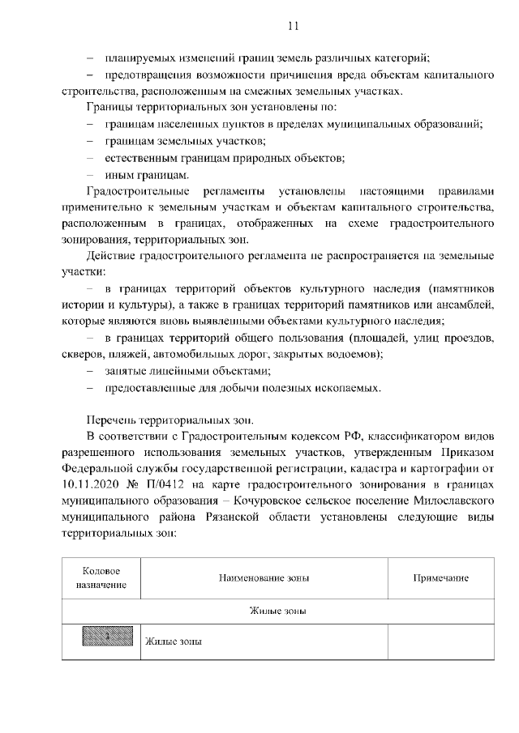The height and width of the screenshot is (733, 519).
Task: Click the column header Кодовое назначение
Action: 101,577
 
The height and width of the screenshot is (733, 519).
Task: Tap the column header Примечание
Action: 440,577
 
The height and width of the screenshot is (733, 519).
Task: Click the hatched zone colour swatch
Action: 101,641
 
